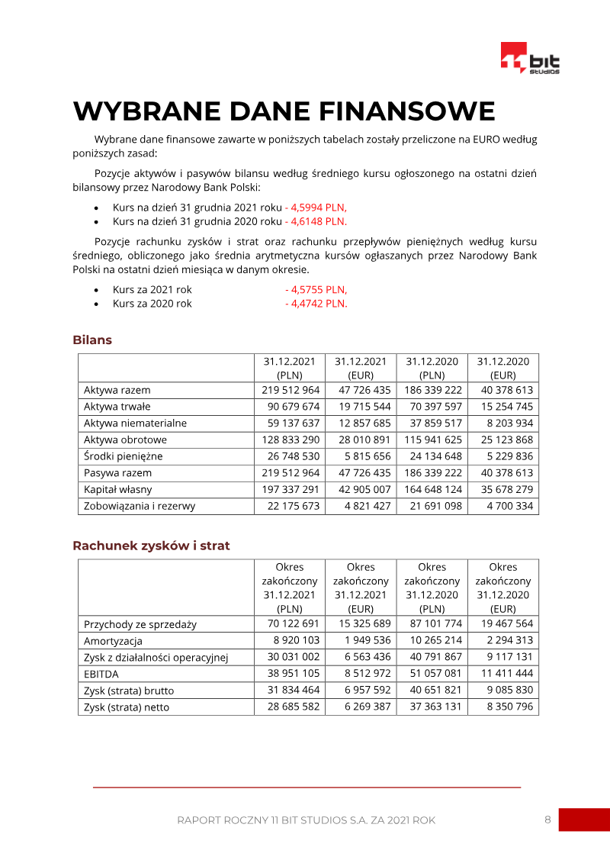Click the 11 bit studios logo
[530, 60]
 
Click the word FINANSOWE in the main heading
[406, 111]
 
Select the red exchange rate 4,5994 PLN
[316, 207]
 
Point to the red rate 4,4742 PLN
[316, 303]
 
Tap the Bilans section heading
[92, 340]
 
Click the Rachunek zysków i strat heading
[151, 546]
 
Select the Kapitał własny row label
[117, 489]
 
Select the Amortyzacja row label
[113, 641]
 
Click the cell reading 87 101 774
[433, 623]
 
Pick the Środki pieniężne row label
[123, 456]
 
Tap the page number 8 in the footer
[547, 820]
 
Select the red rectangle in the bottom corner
[584, 820]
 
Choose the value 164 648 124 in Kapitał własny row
[433, 489]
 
